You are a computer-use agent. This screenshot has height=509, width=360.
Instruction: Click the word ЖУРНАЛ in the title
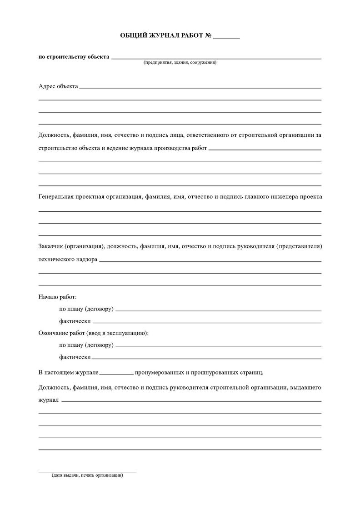point(163,36)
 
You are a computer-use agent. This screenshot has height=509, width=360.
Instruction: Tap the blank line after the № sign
point(226,39)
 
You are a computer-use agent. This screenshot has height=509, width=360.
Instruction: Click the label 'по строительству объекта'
point(74,57)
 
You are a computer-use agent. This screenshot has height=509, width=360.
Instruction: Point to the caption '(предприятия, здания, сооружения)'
point(180,63)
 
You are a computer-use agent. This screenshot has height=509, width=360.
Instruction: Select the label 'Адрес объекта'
point(58,85)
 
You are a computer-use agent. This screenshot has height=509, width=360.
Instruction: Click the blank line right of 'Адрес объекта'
point(200,87)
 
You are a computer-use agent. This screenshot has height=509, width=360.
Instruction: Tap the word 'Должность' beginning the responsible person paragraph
point(54,135)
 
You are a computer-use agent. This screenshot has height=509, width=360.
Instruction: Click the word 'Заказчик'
point(51,246)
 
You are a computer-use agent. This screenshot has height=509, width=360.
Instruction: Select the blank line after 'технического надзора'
point(210,261)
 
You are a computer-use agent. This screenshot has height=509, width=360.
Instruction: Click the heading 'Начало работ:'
point(58,297)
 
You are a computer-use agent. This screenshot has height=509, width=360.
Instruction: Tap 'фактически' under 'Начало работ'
point(75,321)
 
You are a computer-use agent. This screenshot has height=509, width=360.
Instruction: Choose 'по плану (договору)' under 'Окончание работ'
point(86,345)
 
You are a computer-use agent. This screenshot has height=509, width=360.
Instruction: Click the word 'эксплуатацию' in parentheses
point(128,333)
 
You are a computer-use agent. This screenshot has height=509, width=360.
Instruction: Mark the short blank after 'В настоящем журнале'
point(116,374)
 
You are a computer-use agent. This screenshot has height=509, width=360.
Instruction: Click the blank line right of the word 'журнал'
point(191,401)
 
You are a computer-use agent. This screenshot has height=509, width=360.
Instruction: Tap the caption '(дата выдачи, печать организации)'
point(87,475)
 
